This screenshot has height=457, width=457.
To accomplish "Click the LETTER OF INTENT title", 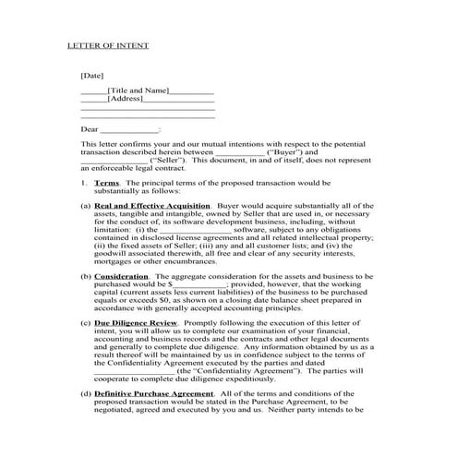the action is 108,45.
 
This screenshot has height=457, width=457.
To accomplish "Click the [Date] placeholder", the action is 91,74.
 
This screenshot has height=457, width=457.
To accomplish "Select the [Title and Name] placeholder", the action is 138,90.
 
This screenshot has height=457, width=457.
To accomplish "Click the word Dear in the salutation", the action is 90,130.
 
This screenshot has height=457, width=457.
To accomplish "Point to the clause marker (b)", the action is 86,276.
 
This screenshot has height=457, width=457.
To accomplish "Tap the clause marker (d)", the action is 86,394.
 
